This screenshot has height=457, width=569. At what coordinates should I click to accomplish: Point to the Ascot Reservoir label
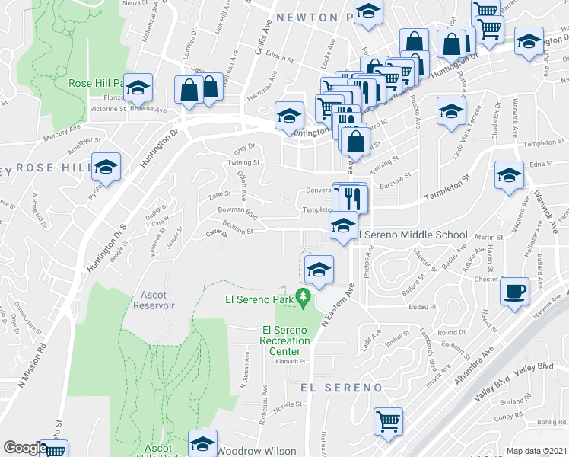pyautogui.click(x=154, y=300)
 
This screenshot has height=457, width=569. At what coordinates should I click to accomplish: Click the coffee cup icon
pyautogui.click(x=515, y=291)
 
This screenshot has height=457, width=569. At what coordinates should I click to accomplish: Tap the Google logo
pyautogui.click(x=25, y=448)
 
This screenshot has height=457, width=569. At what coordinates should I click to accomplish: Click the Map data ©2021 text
pyautogui.click(x=536, y=451)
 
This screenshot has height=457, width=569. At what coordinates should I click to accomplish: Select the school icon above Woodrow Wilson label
pyautogui.click(x=202, y=444)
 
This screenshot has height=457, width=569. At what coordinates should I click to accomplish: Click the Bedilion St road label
pyautogui.click(x=237, y=229)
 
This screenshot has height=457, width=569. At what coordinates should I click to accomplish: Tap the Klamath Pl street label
pyautogui.click(x=289, y=362)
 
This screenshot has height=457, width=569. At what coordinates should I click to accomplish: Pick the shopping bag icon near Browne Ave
pyautogui.click(x=189, y=90)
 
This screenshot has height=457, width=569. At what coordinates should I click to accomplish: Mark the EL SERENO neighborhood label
pyautogui.click(x=341, y=388)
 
